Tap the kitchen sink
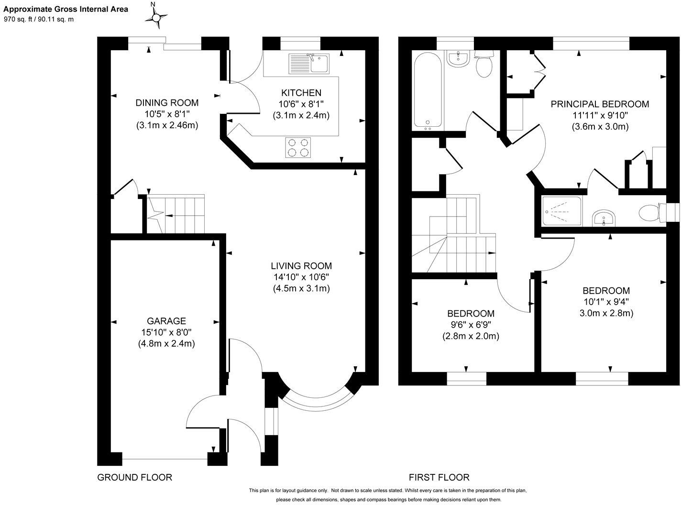[x=309, y=64]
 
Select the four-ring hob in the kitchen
[x=298, y=147]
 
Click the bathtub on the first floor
[x=428, y=91]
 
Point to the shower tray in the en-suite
[x=562, y=211]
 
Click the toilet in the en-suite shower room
[x=651, y=212]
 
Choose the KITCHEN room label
[x=301, y=93]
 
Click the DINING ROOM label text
[x=167, y=102]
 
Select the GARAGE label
[x=166, y=321]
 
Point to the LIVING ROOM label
[x=301, y=265]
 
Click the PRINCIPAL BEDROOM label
[x=600, y=104]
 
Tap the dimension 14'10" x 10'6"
[x=301, y=277]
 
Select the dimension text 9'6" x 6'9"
[x=471, y=325]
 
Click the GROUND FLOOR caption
[x=135, y=477]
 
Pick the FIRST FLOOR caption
[x=439, y=477]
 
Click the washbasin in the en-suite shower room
[x=604, y=218]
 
